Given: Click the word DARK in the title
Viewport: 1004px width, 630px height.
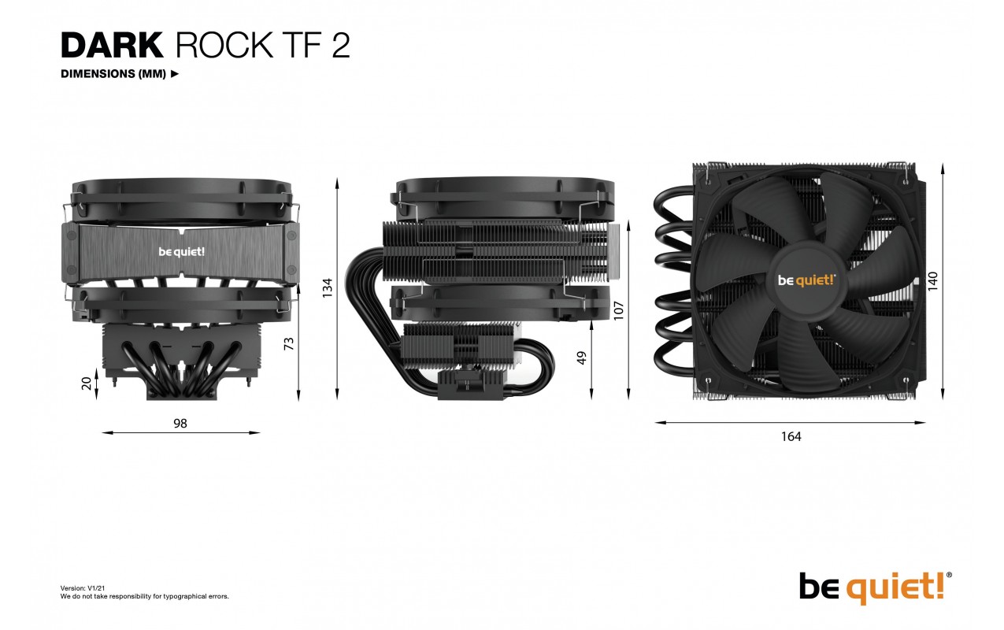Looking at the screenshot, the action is click(112, 46).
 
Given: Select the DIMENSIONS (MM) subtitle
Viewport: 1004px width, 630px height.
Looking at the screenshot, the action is click(113, 73).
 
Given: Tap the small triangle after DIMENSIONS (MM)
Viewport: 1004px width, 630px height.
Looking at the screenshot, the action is click(175, 73).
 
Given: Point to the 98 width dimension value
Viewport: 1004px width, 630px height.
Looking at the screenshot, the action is click(180, 424).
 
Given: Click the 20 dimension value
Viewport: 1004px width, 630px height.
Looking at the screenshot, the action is click(87, 384).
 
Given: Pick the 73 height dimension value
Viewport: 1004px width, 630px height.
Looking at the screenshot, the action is click(289, 344).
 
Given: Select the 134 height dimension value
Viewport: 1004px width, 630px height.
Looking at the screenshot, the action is click(328, 288).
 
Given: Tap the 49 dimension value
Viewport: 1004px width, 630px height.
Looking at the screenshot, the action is click(581, 358).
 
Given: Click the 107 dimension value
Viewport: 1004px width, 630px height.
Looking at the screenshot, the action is click(618, 311).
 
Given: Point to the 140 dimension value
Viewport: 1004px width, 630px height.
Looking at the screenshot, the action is click(932, 281).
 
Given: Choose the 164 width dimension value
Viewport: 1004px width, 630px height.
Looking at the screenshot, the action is click(791, 436).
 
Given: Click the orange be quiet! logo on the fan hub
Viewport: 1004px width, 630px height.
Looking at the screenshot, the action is click(806, 280).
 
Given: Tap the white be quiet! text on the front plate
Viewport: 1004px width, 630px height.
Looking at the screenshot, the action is click(182, 252).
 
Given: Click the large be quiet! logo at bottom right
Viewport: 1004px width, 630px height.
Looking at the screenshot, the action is click(875, 587).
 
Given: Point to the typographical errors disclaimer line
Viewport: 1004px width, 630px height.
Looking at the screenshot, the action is click(145, 596).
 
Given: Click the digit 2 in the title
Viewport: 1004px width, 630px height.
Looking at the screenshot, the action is click(341, 46).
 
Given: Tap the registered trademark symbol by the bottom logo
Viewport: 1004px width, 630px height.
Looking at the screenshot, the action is click(949, 575).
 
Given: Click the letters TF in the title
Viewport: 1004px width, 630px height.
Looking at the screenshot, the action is click(301, 46).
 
